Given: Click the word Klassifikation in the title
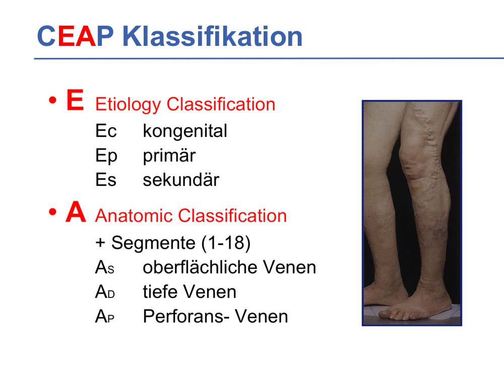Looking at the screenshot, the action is (213, 36).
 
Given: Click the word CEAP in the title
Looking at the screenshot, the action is (76, 36).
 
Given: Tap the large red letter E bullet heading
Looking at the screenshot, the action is (75, 100).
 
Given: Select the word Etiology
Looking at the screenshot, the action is (128, 105).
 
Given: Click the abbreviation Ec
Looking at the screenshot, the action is (106, 131).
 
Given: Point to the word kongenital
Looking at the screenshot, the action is (185, 132).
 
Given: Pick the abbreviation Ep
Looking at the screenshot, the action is (106, 156).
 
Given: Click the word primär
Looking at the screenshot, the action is (169, 156).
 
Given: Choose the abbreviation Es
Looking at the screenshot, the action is (106, 180).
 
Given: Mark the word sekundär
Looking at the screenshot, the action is (181, 179).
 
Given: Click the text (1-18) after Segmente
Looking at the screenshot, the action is (226, 243).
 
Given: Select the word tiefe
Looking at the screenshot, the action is (158, 291).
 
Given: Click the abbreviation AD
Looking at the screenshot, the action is (105, 292).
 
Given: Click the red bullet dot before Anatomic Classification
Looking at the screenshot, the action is (53, 212).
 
